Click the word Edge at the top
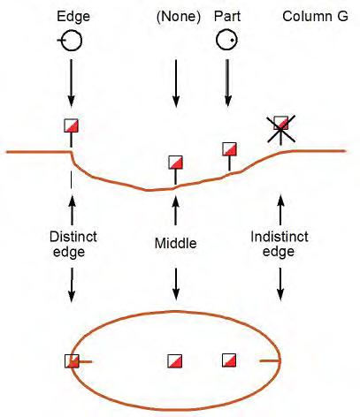(73, 16)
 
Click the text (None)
(179, 17)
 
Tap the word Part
(227, 16)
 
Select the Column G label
(315, 16)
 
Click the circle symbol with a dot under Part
(226, 40)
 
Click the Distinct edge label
(73, 245)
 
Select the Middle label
(176, 244)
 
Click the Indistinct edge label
(280, 244)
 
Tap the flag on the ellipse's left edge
(72, 361)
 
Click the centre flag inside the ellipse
(175, 361)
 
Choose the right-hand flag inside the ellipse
(229, 360)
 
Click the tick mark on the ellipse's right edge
(270, 360)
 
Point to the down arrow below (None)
(176, 83)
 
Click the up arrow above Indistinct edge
(280, 209)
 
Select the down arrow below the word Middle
(176, 284)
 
